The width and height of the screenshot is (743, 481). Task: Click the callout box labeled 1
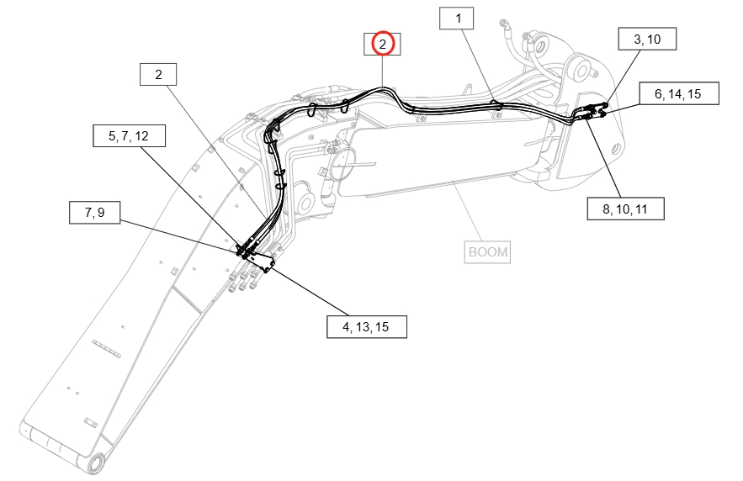tap(456, 18)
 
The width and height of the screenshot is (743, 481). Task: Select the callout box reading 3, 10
tap(647, 39)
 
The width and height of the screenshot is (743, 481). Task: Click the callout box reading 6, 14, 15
tap(679, 93)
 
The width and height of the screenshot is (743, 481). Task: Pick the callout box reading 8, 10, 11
tap(625, 209)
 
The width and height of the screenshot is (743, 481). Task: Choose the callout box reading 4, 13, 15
tap(367, 326)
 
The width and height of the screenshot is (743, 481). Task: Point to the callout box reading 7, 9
tap(95, 213)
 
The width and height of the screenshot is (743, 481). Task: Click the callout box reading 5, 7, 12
tap(129, 136)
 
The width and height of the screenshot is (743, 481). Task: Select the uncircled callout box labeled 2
tap(158, 74)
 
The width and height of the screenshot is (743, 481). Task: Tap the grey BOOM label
tap(487, 252)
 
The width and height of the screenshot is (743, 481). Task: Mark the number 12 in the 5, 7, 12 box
tap(141, 136)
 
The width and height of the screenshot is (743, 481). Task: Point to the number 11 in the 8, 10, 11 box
tap(640, 209)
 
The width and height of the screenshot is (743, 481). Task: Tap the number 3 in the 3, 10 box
tap(637, 39)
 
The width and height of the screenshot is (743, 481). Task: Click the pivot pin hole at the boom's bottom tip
tap(96, 462)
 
